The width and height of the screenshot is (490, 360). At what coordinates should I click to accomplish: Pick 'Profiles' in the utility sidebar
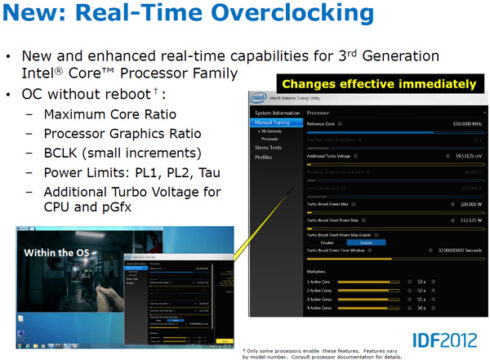(262, 157)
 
